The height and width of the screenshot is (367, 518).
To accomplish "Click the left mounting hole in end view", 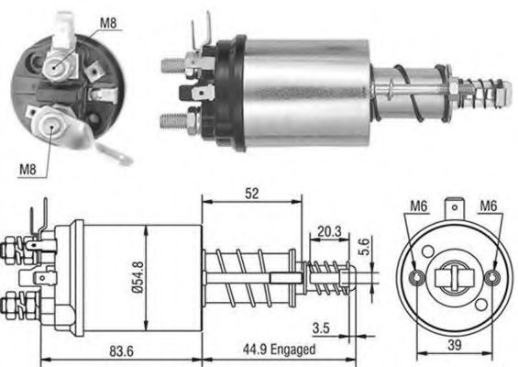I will tap(417, 276).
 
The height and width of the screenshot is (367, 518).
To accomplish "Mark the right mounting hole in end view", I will tap(492, 276).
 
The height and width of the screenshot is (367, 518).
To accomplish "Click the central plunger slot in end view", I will tap(455, 276).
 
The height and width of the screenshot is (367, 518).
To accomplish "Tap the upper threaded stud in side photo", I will tap(173, 65).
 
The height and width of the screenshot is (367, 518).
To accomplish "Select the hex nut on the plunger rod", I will tap(454, 90).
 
